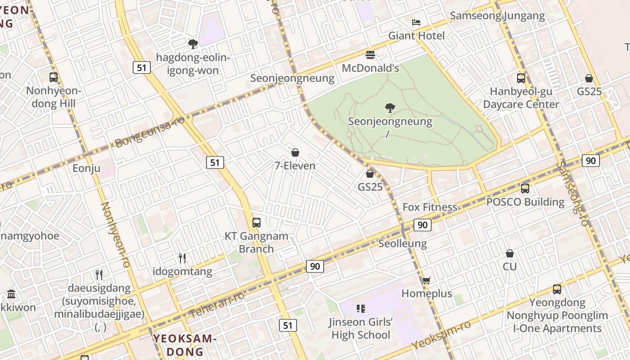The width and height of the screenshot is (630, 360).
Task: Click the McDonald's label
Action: (x=370, y=68)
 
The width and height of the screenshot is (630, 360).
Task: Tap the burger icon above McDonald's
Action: (x=370, y=55)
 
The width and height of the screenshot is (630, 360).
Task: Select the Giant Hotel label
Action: (x=416, y=36)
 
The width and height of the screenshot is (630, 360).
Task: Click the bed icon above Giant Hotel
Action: (x=416, y=22)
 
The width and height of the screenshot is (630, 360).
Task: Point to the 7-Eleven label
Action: (x=295, y=166)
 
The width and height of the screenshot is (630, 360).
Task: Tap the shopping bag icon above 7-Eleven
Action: (x=295, y=153)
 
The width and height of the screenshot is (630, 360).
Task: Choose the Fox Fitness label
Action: (x=430, y=207)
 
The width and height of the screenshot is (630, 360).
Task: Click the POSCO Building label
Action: (x=525, y=202)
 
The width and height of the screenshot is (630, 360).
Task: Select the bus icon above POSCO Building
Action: (x=525, y=189)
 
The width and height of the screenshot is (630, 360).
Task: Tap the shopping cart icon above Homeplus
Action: (x=426, y=280)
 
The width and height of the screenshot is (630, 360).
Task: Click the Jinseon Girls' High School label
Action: (x=360, y=328)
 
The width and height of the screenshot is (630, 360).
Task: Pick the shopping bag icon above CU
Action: (x=510, y=253)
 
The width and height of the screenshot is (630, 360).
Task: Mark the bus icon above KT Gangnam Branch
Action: (x=256, y=222)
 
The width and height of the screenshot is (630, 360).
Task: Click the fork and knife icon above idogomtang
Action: (x=182, y=258)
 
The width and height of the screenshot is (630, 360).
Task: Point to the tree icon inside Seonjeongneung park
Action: (x=390, y=108)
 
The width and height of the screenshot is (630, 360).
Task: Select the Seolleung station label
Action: (x=402, y=243)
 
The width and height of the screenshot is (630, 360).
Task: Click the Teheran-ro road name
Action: (x=217, y=305)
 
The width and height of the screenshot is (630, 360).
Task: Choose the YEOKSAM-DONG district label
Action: (x=185, y=345)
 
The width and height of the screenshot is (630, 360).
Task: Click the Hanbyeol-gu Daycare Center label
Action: (x=521, y=98)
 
